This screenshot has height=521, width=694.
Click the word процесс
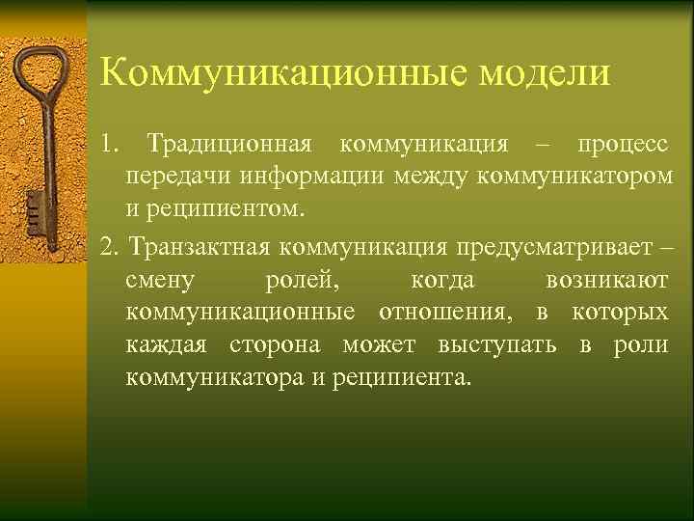pos(621,145)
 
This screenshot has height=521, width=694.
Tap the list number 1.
pos(107,145)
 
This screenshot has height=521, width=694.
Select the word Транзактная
pos(199,249)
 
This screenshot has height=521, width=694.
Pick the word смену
pos(160,281)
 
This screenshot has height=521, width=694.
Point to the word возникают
pos(606,281)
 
